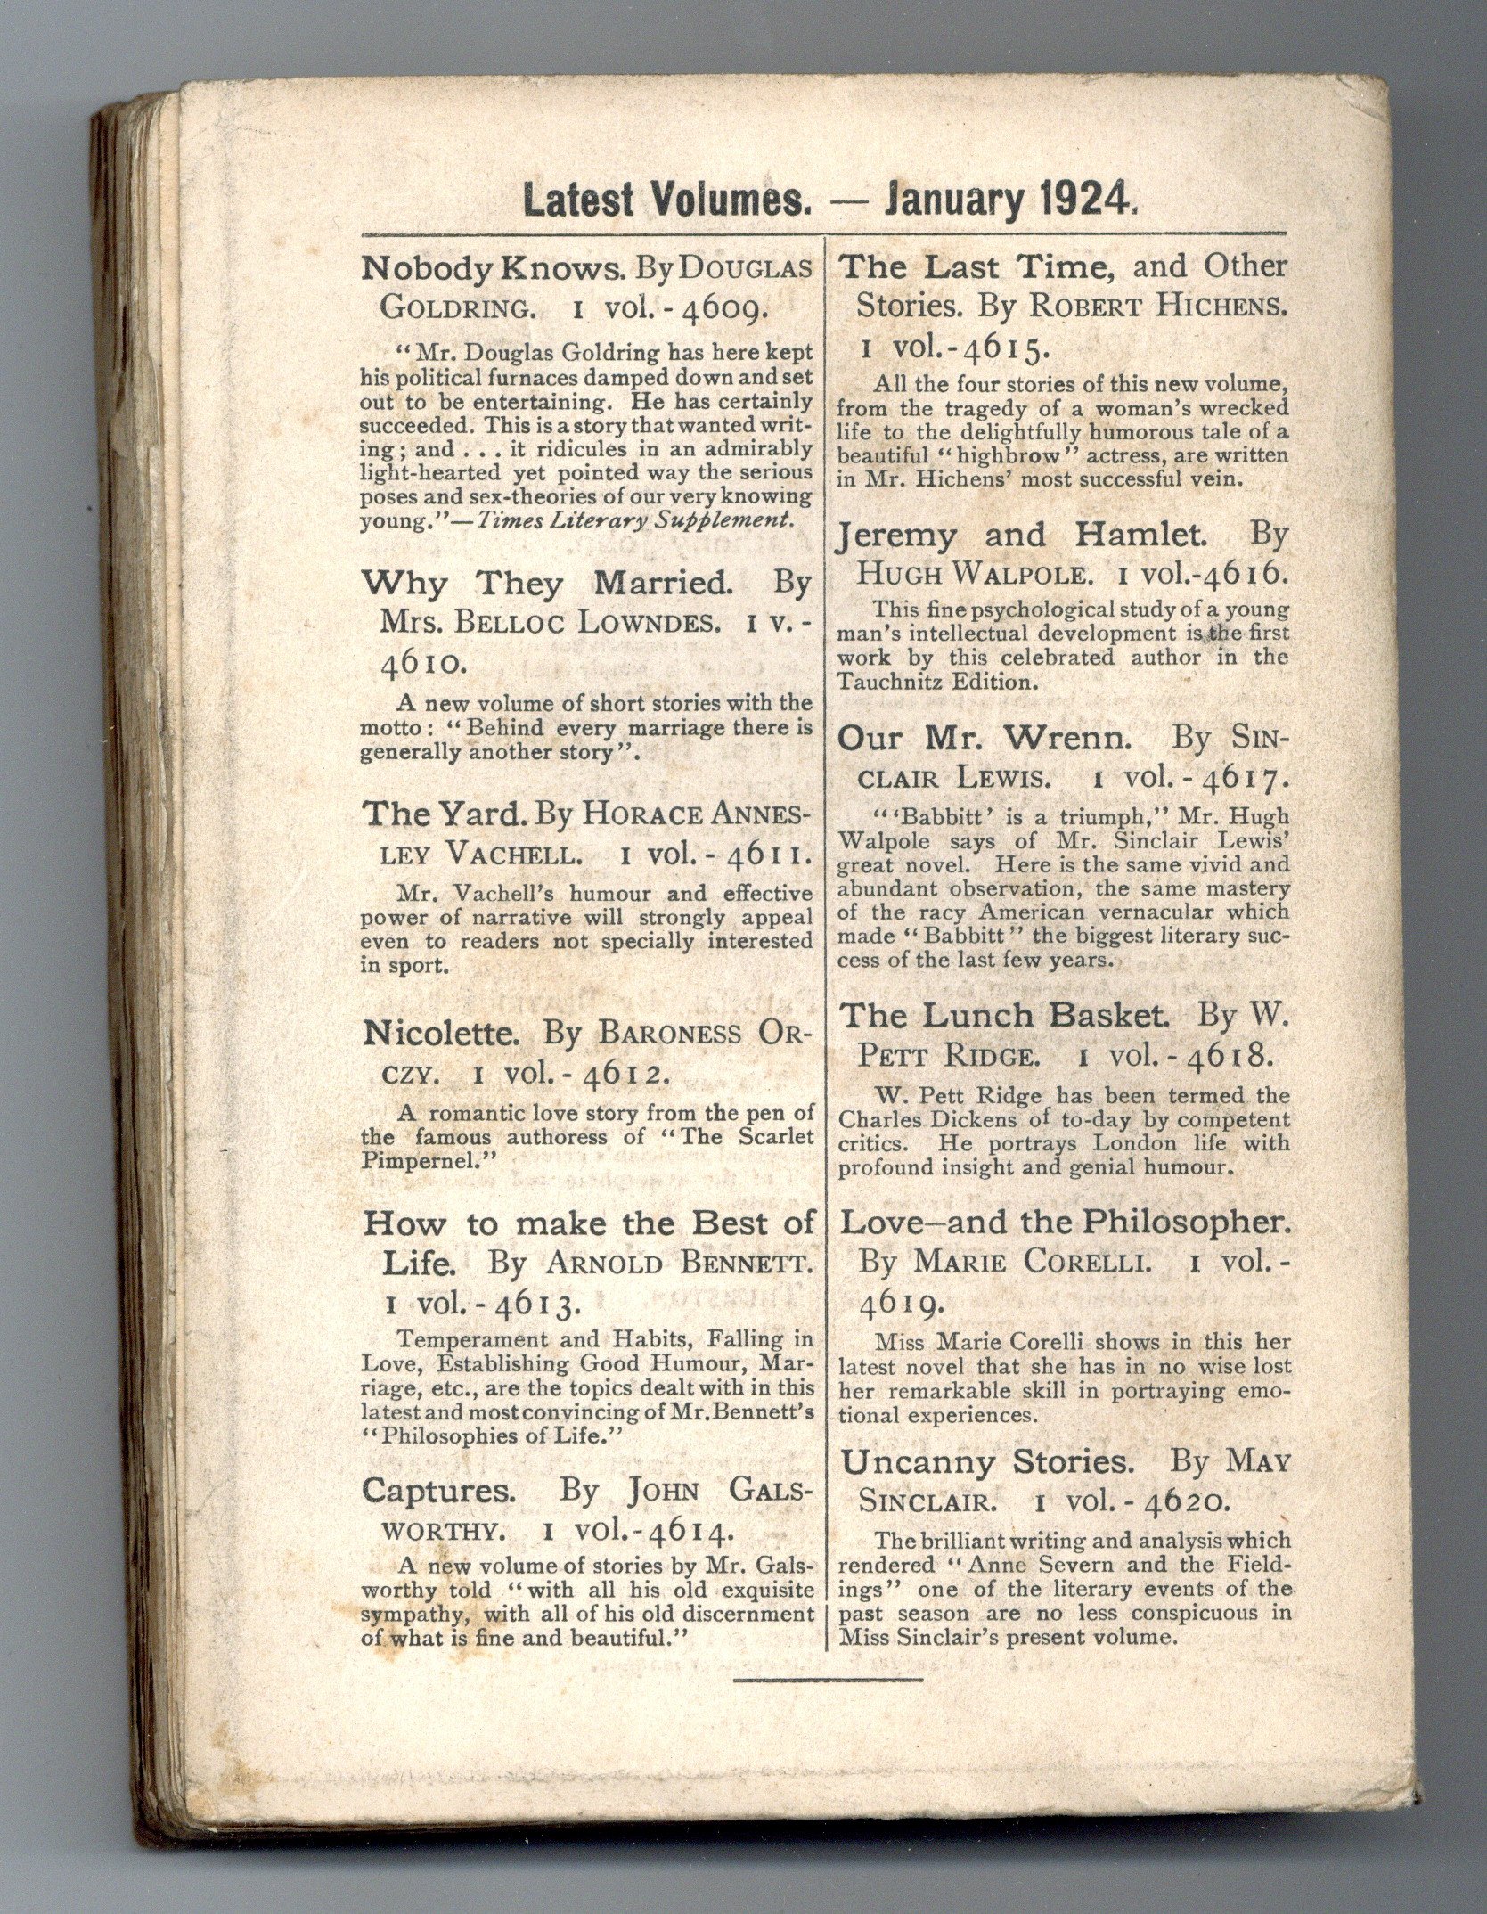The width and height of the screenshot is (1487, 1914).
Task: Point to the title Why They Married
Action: tap(543, 584)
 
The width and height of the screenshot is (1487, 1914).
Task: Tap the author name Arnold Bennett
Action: tap(680, 1264)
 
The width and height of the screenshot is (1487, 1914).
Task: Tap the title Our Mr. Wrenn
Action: tap(990, 737)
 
